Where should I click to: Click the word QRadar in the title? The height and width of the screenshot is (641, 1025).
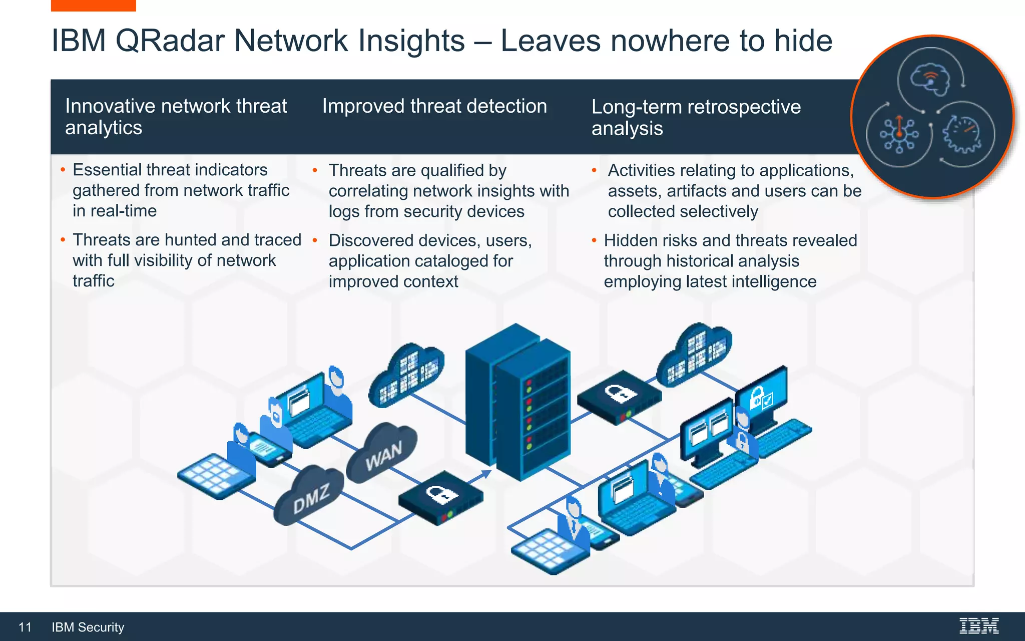(x=170, y=41)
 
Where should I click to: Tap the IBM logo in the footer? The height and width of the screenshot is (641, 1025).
(x=978, y=626)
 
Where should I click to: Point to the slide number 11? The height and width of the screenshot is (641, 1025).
(x=25, y=627)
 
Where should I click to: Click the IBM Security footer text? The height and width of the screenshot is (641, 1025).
(x=88, y=627)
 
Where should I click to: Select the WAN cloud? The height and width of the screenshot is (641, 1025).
(x=382, y=453)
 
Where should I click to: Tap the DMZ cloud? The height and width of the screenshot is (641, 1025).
(x=310, y=496)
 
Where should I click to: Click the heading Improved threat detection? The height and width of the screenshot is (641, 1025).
(x=434, y=106)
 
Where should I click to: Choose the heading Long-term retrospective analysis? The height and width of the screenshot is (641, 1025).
(x=696, y=117)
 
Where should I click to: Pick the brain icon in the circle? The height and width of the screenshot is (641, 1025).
(x=929, y=80)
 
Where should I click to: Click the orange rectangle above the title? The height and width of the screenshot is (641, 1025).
(x=93, y=5)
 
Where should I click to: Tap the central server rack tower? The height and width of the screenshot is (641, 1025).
(x=518, y=401)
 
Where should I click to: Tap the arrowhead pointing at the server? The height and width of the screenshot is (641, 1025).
(x=486, y=473)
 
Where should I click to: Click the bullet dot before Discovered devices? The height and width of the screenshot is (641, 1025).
(x=315, y=240)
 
